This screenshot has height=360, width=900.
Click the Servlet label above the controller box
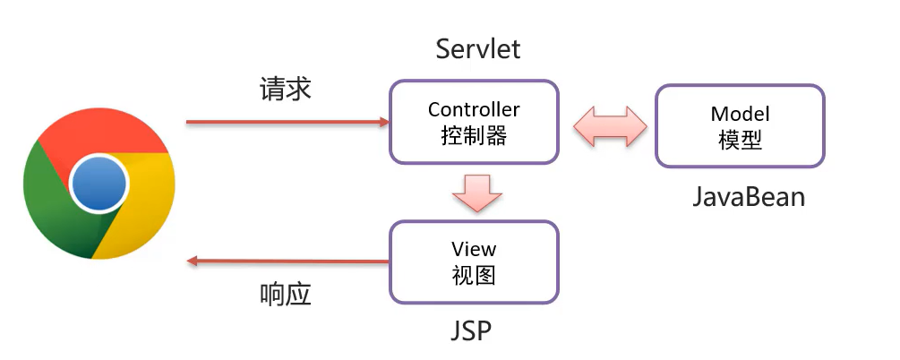tap(478, 48)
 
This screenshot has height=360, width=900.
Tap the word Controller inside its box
tap(474, 110)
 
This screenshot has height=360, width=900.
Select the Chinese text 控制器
tap(474, 136)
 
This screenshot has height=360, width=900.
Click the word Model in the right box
tap(740, 114)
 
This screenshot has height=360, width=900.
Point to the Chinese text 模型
tap(740, 140)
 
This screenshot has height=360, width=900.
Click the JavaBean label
tap(749, 197)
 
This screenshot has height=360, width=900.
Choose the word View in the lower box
tap(474, 249)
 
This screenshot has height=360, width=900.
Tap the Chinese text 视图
tap(474, 275)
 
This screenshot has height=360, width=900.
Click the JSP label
tap(471, 331)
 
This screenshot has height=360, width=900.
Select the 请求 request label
tap(285, 89)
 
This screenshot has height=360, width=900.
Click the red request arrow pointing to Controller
tap(287, 122)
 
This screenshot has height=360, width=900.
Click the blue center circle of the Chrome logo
tap(99, 183)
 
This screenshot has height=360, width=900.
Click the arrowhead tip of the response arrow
tap(189, 261)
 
